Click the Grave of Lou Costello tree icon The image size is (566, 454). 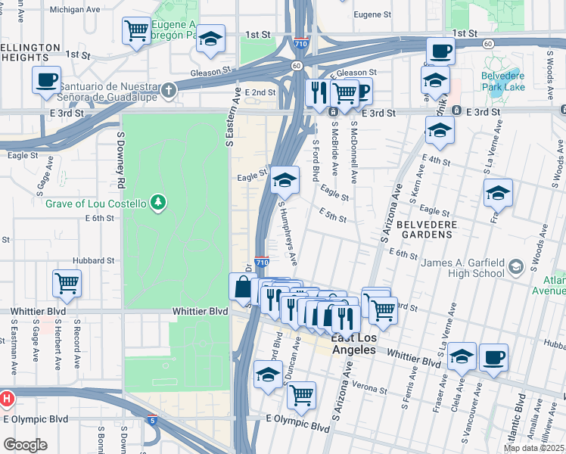click(x=157, y=201)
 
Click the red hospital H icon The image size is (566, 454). click(x=6, y=398)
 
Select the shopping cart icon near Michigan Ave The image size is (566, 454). click(x=136, y=31)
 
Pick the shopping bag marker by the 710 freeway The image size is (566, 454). click(x=242, y=287)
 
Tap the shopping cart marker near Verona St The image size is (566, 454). click(x=302, y=394)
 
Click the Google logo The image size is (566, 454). click(x=24, y=444)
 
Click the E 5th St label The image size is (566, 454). click(x=332, y=215)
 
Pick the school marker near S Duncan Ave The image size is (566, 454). click(x=268, y=375)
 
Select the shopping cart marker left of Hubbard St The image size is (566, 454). click(x=67, y=283)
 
